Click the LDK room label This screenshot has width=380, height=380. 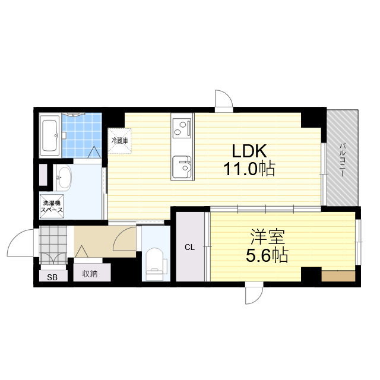[249, 151]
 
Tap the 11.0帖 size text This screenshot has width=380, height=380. [249, 169]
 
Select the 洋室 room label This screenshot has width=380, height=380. [267, 237]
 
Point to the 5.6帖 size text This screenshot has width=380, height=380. [267, 255]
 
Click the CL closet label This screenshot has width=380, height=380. [190, 247]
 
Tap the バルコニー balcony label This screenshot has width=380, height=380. [342, 160]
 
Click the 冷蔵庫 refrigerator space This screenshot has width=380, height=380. [120, 141]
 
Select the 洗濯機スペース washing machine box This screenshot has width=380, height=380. [52, 207]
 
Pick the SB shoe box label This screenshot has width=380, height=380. [52, 277]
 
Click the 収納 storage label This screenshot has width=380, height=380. [90, 274]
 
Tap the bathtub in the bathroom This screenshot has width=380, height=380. [50, 135]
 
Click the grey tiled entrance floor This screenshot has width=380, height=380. [53, 245]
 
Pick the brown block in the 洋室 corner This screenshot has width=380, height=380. [338, 276]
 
